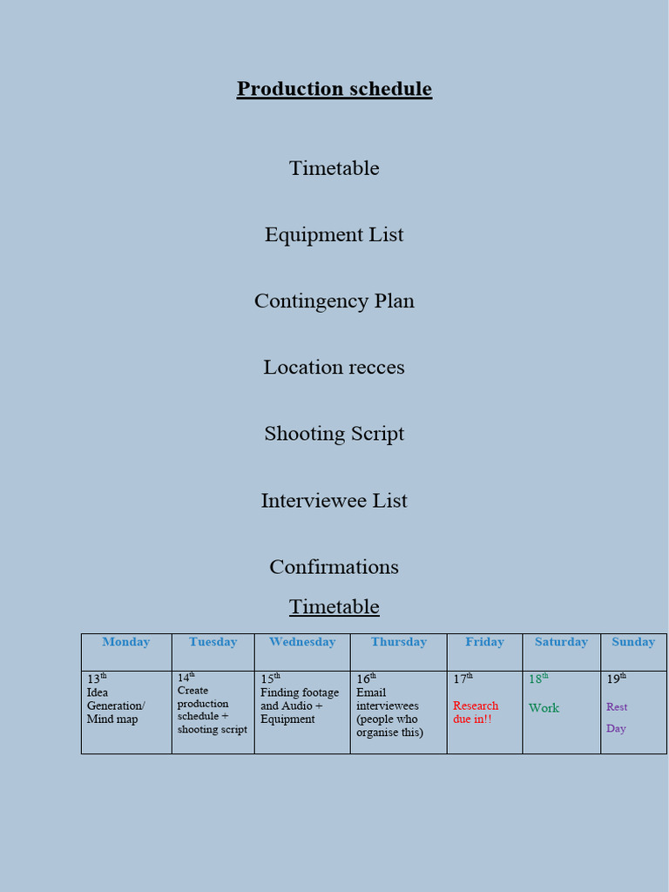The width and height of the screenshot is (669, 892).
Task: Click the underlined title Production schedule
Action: [334, 89]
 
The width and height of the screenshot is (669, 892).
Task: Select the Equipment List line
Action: [334, 234]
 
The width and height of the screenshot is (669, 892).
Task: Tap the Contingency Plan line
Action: [334, 301]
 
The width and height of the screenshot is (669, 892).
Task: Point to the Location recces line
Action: [334, 367]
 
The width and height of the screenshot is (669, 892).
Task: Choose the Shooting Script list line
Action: [334, 434]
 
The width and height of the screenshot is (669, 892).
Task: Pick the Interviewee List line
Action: [334, 500]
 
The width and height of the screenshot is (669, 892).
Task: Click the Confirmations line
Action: [334, 566]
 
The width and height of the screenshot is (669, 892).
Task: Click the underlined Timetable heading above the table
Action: [334, 606]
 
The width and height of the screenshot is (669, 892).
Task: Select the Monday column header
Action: [125, 642]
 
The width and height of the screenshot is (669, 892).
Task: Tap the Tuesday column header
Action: [213, 642]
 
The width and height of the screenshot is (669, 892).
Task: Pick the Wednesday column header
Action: [301, 642]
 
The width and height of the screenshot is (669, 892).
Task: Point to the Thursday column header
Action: [398, 642]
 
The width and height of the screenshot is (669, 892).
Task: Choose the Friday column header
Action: [484, 642]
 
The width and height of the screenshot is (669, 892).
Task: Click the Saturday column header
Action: [561, 642]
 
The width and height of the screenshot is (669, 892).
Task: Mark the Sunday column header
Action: [632, 642]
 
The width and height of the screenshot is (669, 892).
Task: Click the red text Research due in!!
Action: [476, 712]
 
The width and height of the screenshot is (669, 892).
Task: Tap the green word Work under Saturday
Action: [544, 708]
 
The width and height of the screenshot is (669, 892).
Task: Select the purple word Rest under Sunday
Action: [617, 707]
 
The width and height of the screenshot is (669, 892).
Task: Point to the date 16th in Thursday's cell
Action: [366, 679]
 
